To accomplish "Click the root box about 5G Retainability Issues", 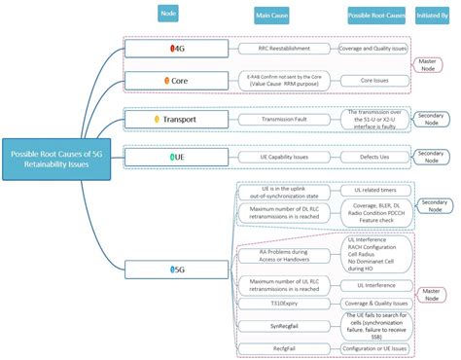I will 57,160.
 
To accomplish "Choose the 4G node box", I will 178,48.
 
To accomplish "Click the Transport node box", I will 178,119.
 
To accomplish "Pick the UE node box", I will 178,156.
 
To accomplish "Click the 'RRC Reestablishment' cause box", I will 283,48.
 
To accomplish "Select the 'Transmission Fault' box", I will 283,119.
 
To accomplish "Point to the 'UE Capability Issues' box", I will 283,156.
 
